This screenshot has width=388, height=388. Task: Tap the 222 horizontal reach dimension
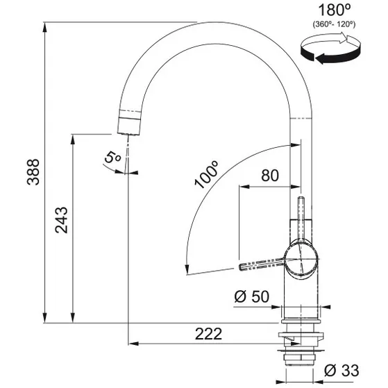(208, 334)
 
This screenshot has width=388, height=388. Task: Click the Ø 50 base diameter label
(251, 297)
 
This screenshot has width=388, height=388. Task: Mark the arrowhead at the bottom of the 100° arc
(185, 271)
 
